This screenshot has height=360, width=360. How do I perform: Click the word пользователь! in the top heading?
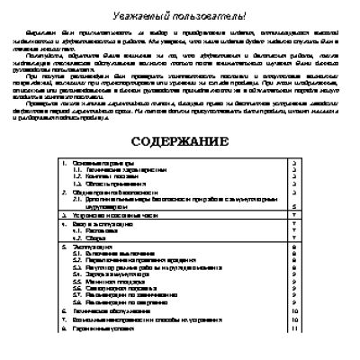click(222, 17)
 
